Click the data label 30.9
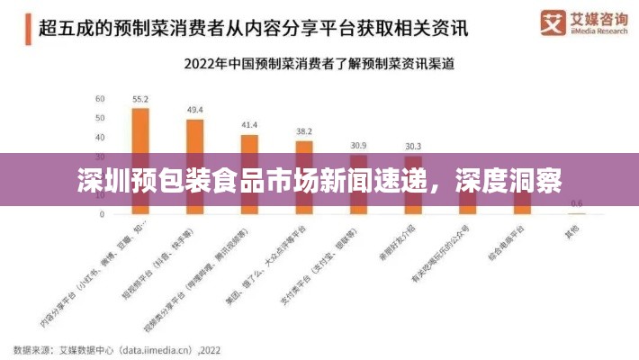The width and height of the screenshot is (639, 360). (358, 145)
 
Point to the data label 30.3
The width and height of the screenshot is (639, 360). (413, 146)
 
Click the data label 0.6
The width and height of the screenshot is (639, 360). (577, 202)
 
